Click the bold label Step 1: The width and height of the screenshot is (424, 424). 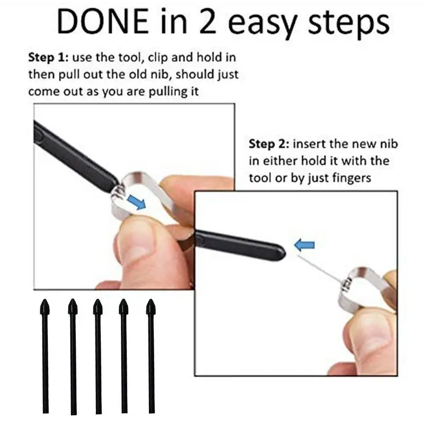pyautogui.click(x=49, y=58)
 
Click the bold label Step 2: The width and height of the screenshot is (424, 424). pyautogui.click(x=269, y=144)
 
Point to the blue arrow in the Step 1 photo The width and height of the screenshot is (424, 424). pyautogui.click(x=137, y=202)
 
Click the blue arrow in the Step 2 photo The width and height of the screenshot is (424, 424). pyautogui.click(x=304, y=245)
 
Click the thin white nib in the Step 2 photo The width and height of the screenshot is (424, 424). pyautogui.click(x=318, y=268)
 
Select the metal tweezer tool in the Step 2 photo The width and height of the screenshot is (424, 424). pyautogui.click(x=366, y=289)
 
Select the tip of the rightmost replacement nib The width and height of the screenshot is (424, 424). pyautogui.click(x=151, y=306)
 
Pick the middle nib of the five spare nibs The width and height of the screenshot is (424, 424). pyautogui.click(x=98, y=355)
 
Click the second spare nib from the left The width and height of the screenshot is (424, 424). pyautogui.click(x=72, y=355)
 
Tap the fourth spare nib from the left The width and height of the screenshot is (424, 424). pyautogui.click(x=124, y=355)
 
